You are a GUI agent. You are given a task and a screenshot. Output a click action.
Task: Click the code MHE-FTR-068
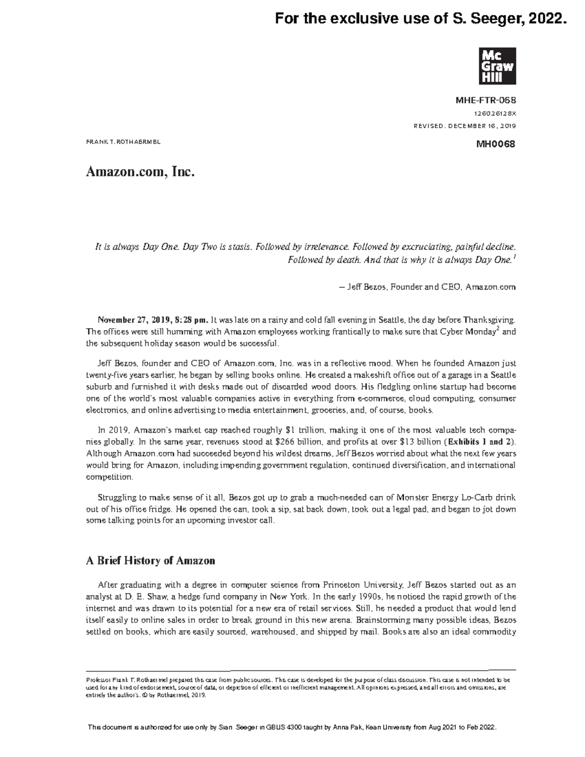(x=486, y=100)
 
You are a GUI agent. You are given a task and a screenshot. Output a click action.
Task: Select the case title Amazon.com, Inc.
(x=140, y=172)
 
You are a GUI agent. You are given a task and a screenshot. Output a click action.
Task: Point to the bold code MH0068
(x=499, y=144)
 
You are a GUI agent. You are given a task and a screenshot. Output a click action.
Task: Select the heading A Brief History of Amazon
(x=150, y=561)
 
